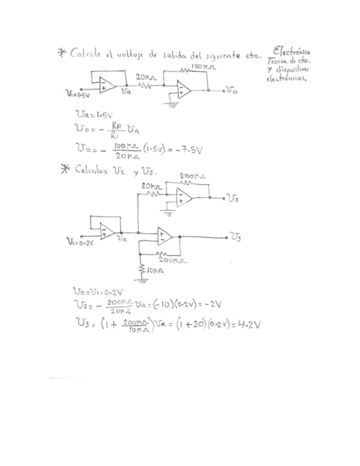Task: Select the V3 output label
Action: tap(235, 237)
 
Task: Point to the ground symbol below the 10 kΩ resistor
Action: tap(143, 280)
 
